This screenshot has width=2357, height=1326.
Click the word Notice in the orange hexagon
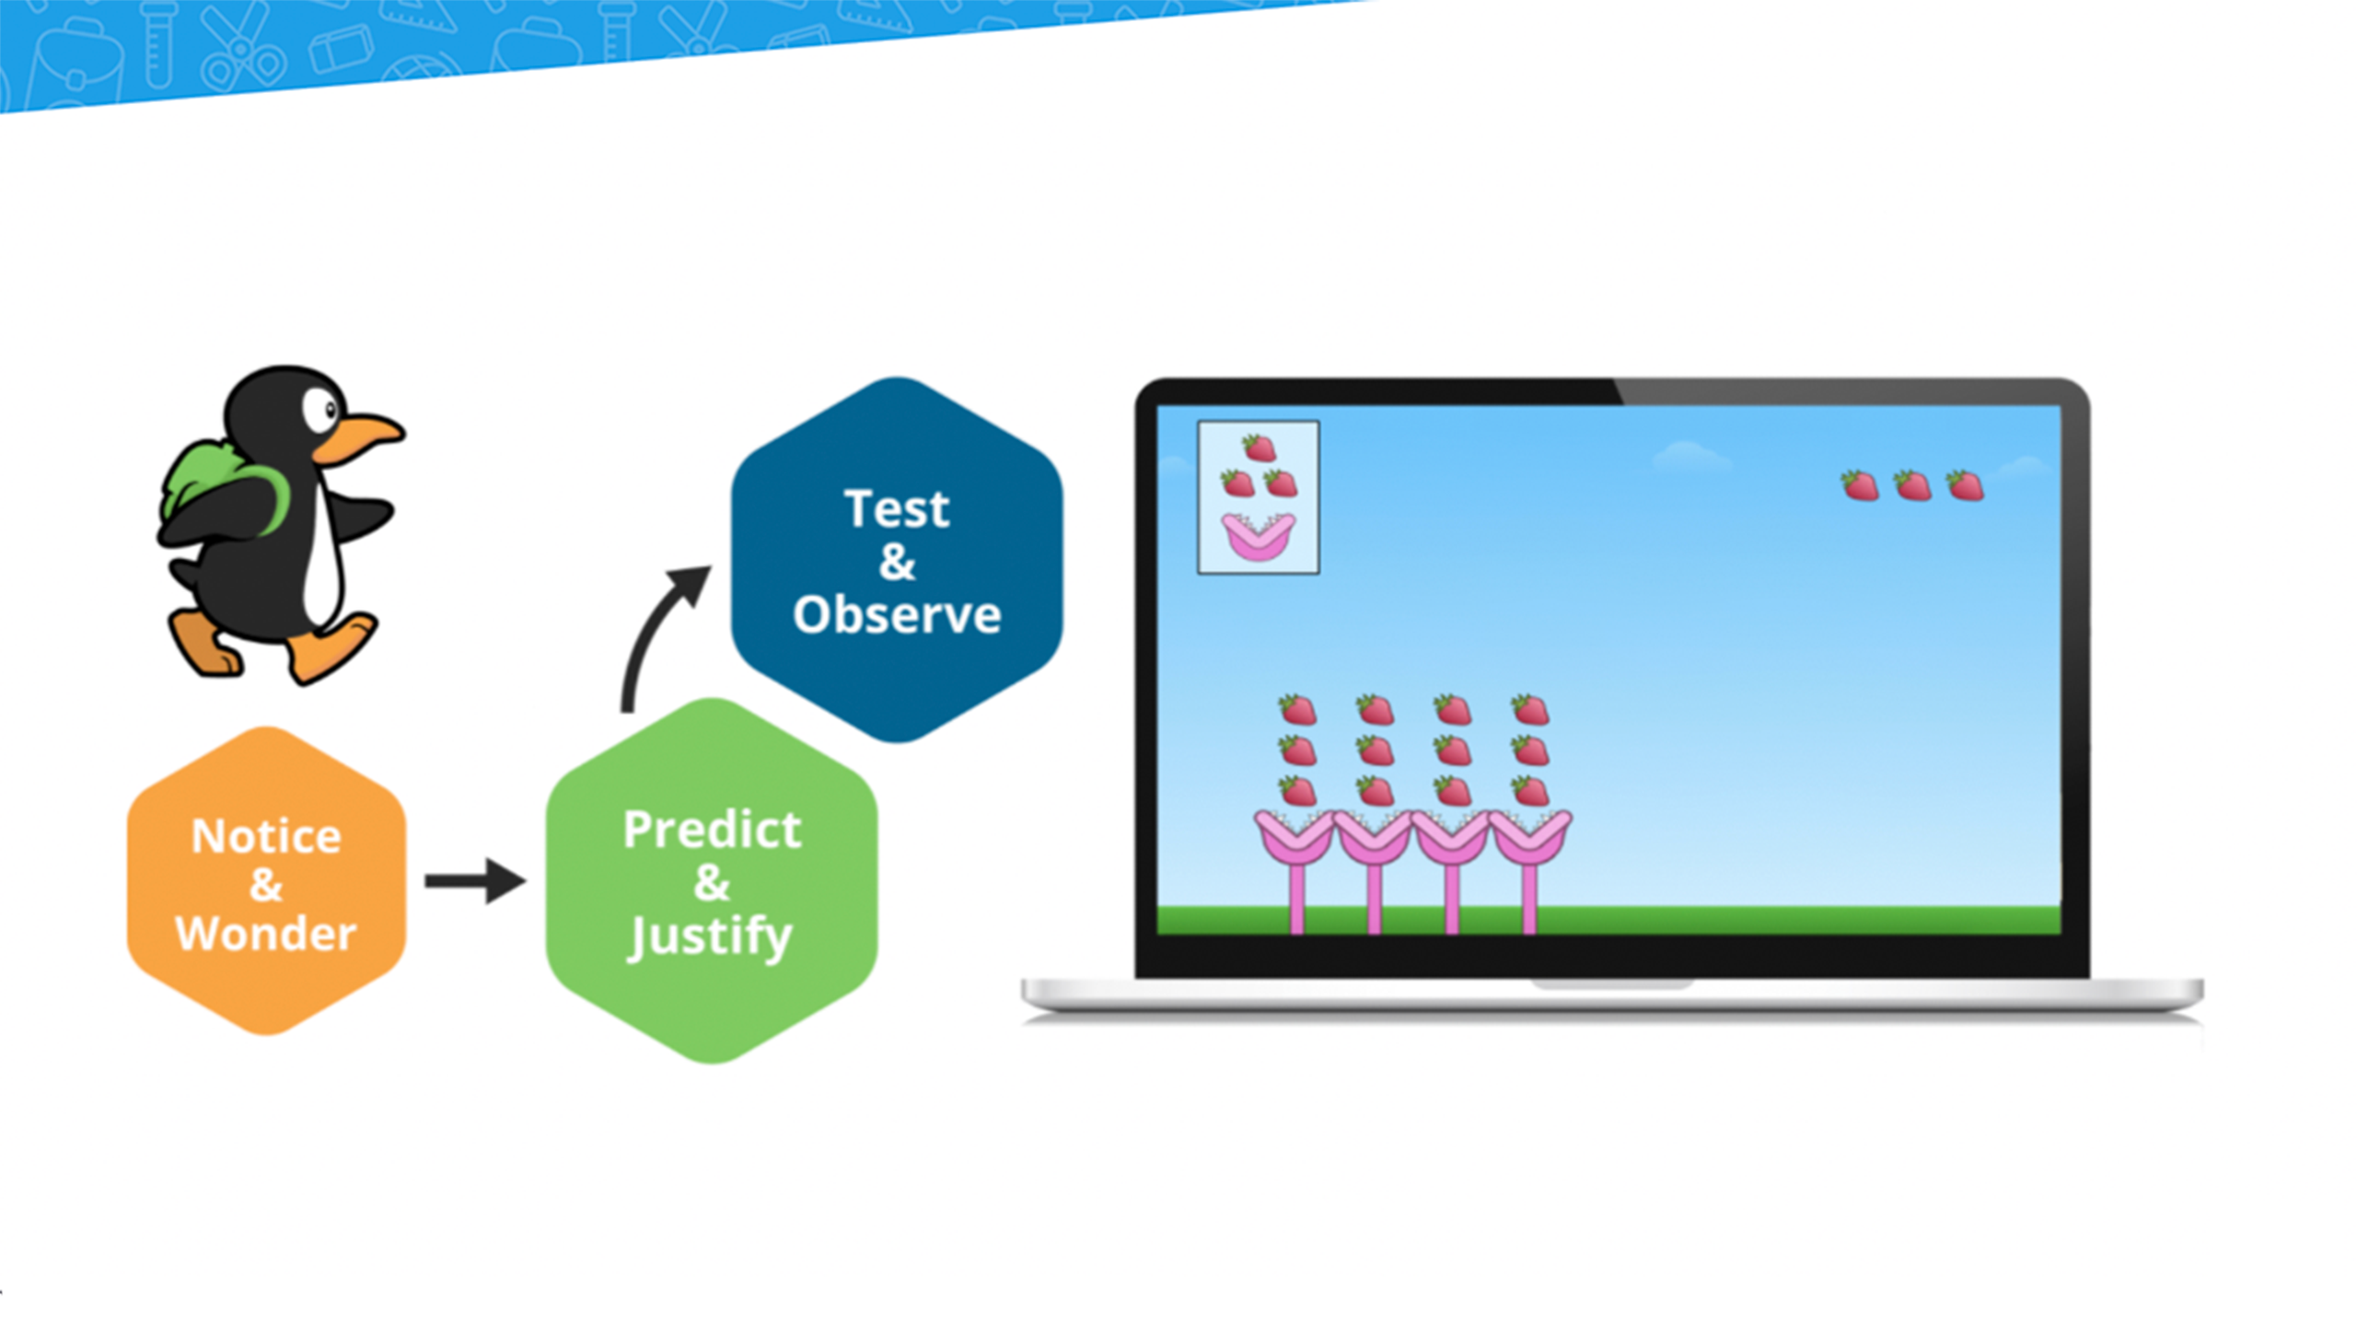click(x=266, y=836)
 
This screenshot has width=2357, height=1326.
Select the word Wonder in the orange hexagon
click(x=266, y=934)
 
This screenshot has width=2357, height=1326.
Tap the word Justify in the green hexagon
click(x=710, y=937)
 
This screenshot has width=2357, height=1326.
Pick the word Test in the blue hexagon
click(x=897, y=508)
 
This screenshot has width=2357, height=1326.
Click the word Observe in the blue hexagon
click(x=897, y=614)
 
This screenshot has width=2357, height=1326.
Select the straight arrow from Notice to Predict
click(x=475, y=881)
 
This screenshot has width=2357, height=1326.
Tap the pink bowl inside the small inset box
click(x=1258, y=537)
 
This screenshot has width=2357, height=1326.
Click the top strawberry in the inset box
click(x=1259, y=448)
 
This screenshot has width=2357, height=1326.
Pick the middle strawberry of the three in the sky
click(x=1912, y=485)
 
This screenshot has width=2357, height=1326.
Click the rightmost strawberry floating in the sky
click(x=1965, y=485)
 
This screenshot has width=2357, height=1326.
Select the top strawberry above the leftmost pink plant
click(x=1297, y=710)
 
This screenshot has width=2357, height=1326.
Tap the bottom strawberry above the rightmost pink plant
click(x=1530, y=791)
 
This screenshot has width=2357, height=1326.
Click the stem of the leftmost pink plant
click(x=1296, y=899)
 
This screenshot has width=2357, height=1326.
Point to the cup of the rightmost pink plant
click(x=1530, y=836)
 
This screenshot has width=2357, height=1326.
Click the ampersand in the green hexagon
click(x=712, y=882)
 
